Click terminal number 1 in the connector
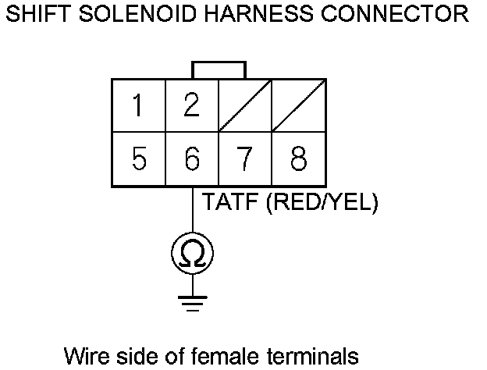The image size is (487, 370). click(x=138, y=105)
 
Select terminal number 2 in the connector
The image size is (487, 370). click(x=191, y=105)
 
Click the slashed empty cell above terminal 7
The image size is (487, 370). click(x=244, y=105)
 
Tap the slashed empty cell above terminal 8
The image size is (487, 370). click(x=298, y=105)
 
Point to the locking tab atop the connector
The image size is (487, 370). click(x=219, y=70)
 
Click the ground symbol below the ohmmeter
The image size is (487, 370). click(x=192, y=302)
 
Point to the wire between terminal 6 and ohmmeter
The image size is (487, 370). click(x=192, y=211)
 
